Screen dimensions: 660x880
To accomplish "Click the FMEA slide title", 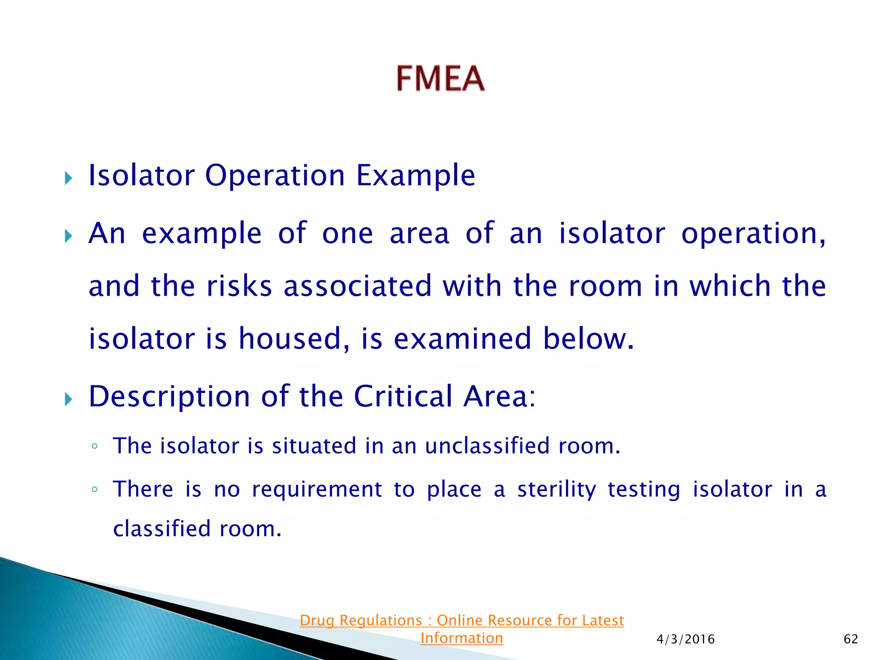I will click(x=440, y=79).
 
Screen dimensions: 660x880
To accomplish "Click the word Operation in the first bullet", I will click(x=275, y=176).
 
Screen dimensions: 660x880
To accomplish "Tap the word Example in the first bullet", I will click(x=416, y=176).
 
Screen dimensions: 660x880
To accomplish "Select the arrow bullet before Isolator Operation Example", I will click(x=69, y=177).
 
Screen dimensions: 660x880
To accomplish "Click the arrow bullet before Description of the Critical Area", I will click(x=69, y=399).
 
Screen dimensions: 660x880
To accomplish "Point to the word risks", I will click(x=239, y=286).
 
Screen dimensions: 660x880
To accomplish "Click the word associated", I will click(x=357, y=286).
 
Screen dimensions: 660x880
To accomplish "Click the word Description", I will click(x=169, y=397).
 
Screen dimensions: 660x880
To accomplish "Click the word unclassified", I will click(x=487, y=446).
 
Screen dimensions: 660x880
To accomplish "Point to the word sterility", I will click(x=556, y=490).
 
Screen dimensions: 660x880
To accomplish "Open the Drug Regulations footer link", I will click(x=461, y=620).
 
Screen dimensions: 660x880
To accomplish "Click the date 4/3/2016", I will click(x=685, y=639).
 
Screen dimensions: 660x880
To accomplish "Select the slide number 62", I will click(x=851, y=639).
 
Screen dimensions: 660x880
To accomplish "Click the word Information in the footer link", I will click(x=461, y=638).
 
